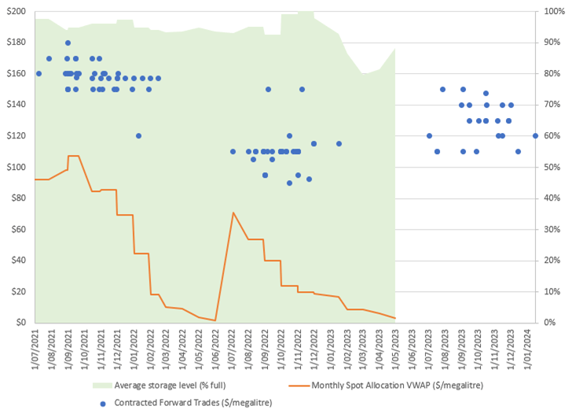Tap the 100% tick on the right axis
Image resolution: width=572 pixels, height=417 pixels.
553,12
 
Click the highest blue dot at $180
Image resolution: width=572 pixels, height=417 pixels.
68,42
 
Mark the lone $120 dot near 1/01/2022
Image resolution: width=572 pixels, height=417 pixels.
138,135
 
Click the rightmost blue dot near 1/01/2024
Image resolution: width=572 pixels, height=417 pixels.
535,135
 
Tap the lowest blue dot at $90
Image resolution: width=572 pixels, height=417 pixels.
289,183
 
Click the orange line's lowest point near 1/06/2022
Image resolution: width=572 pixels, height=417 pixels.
215,320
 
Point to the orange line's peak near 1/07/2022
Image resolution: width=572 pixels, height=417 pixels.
233,212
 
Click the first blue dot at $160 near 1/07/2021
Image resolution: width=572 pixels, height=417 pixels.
38,73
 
